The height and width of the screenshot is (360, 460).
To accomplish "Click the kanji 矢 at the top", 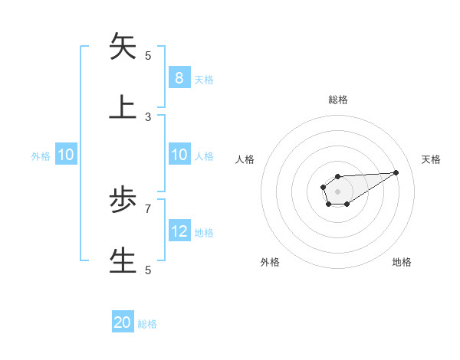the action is [x=123, y=47].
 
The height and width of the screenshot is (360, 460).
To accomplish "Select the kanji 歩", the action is [x=123, y=200].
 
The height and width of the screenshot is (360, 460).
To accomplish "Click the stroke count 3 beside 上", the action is [x=148, y=117].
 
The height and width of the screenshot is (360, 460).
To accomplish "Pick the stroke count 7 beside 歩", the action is [x=148, y=208].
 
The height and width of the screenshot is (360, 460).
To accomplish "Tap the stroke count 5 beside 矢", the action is [x=148, y=56].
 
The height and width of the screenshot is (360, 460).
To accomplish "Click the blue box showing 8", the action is [x=179, y=78].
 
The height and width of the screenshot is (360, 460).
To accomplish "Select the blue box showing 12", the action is [x=179, y=231].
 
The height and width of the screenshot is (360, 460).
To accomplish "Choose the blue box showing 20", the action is [x=123, y=322].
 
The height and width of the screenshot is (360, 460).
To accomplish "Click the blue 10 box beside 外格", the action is [x=66, y=155].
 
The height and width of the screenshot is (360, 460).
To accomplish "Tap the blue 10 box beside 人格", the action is [x=179, y=155].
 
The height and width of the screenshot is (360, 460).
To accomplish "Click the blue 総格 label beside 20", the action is [x=147, y=324].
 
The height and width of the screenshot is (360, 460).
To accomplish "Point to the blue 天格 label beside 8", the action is [x=204, y=79].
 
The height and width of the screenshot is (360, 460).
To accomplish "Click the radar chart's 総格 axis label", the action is [x=338, y=100].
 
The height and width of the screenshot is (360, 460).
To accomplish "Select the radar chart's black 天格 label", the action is [x=432, y=159].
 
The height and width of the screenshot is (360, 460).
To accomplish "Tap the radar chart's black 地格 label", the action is [x=402, y=262].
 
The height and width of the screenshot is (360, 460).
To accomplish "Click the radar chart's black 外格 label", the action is [x=270, y=262].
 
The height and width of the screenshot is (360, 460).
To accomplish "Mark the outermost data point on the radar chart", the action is [x=396, y=172].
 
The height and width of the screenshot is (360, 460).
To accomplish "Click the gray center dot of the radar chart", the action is [x=337, y=191].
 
